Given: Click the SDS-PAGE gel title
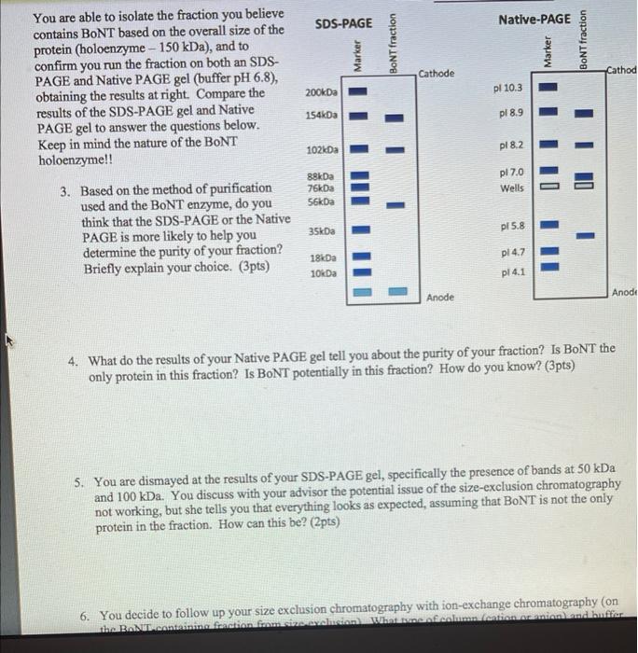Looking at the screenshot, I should point(343,22).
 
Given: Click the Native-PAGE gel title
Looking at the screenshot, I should point(534,20).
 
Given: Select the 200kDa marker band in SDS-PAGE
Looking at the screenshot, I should point(360,92).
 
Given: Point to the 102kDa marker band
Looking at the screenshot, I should point(360,148).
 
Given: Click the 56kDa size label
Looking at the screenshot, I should point(321,201).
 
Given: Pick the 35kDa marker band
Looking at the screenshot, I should point(360,229).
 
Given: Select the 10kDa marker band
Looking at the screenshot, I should point(360,273).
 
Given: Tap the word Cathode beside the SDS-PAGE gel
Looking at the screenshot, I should point(437,73).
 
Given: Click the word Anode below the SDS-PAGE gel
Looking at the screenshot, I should point(440,297).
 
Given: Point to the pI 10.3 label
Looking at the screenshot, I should point(514,87).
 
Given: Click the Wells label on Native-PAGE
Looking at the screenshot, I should point(512,188).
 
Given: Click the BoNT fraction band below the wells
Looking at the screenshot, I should point(585,235).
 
